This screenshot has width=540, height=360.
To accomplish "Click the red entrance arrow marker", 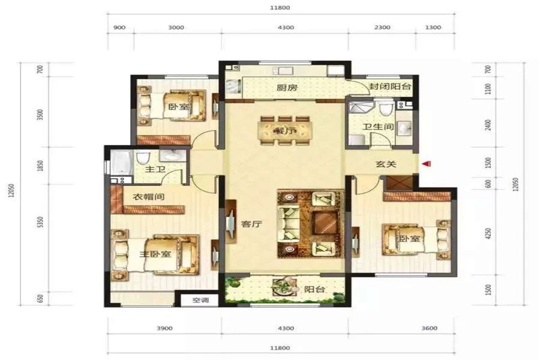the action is (427, 164).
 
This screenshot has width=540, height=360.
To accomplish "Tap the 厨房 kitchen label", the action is (287, 88).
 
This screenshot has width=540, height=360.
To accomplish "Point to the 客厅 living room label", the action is (251, 224).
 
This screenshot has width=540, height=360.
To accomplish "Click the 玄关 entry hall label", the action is (386, 164).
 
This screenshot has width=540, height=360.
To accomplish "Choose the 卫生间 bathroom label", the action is (378, 127).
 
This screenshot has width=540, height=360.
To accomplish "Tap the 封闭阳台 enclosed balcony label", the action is (390, 86).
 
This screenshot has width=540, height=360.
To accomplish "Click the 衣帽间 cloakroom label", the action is (149, 197).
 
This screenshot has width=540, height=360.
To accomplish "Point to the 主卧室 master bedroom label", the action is (155, 254).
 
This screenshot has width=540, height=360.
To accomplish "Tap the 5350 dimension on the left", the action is (41, 222).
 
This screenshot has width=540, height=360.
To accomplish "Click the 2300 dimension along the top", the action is (382, 27).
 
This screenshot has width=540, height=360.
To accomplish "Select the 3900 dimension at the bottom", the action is (164, 328).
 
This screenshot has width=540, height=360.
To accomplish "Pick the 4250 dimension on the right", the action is (488, 233).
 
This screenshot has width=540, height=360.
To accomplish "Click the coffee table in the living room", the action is (325, 223).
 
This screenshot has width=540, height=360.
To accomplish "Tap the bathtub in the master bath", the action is (122, 162).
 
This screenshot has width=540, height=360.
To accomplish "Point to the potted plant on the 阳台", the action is (284, 286).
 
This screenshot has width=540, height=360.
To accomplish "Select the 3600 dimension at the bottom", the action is (429, 328).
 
